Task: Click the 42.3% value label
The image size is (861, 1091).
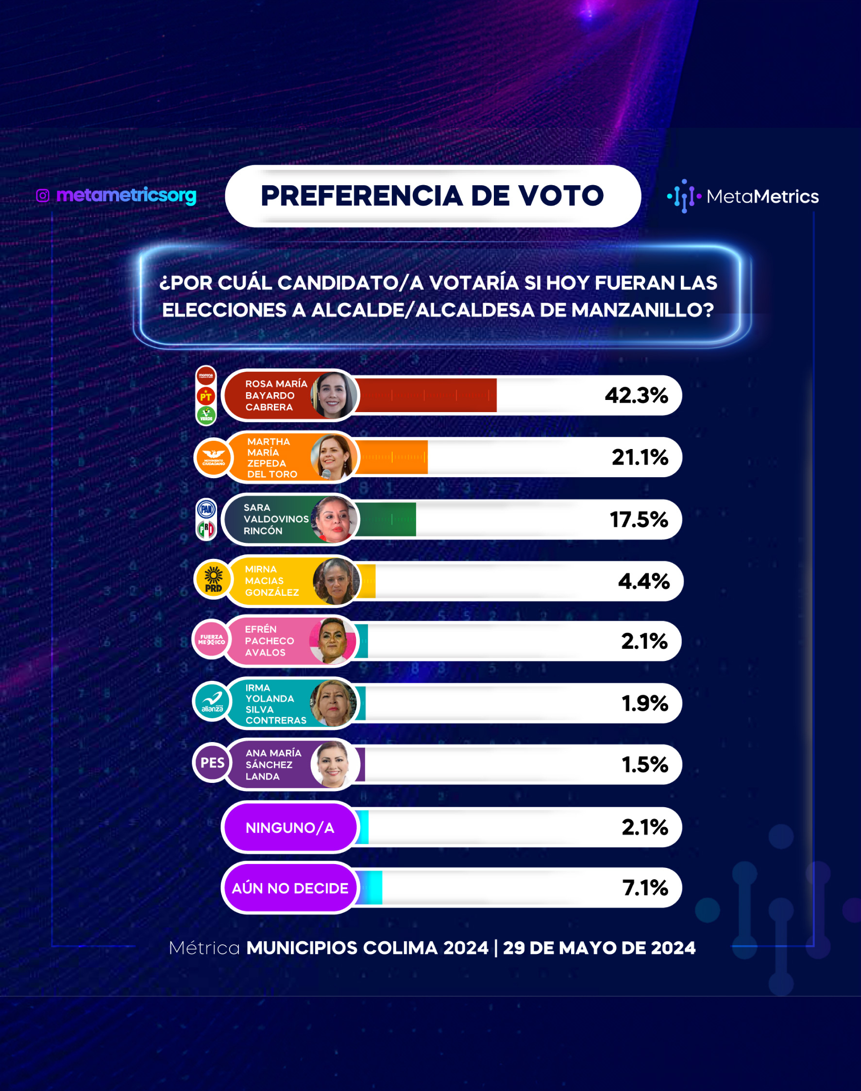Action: [636, 396]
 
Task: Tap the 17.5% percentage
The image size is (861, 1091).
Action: [639, 520]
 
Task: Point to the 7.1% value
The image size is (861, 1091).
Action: [645, 888]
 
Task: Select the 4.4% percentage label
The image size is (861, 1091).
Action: [644, 581]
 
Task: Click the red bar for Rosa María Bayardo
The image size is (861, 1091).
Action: [426, 396]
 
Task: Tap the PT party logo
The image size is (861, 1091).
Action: [206, 396]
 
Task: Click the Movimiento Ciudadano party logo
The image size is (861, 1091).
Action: [213, 457]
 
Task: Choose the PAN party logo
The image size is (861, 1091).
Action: [206, 509]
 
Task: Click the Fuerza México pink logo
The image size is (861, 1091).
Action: [211, 640]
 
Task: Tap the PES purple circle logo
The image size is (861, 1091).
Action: [212, 762]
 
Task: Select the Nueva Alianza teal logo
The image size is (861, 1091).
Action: [212, 702]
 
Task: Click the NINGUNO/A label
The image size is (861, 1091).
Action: [290, 828]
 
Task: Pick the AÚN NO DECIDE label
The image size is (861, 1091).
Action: [290, 888]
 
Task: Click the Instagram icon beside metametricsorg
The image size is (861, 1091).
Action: [43, 195]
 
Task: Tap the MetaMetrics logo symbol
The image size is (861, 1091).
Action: [684, 196]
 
